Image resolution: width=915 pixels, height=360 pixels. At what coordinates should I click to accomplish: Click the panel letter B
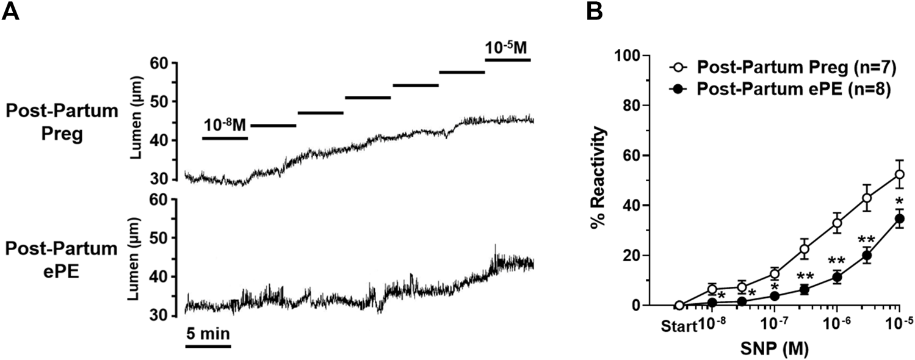(x=595, y=11)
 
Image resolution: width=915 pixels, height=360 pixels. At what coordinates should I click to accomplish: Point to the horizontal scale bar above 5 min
(x=208, y=346)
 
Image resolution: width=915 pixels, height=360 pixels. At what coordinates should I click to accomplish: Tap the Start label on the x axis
(x=678, y=325)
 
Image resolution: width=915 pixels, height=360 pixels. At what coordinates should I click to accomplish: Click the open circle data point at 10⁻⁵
(x=899, y=175)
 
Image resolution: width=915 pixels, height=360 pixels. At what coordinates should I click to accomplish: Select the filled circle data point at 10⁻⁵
(x=899, y=218)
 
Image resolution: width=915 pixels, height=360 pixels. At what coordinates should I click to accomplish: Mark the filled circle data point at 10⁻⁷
(x=775, y=296)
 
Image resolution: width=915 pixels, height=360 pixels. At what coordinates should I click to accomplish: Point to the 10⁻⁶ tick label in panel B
(x=837, y=323)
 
